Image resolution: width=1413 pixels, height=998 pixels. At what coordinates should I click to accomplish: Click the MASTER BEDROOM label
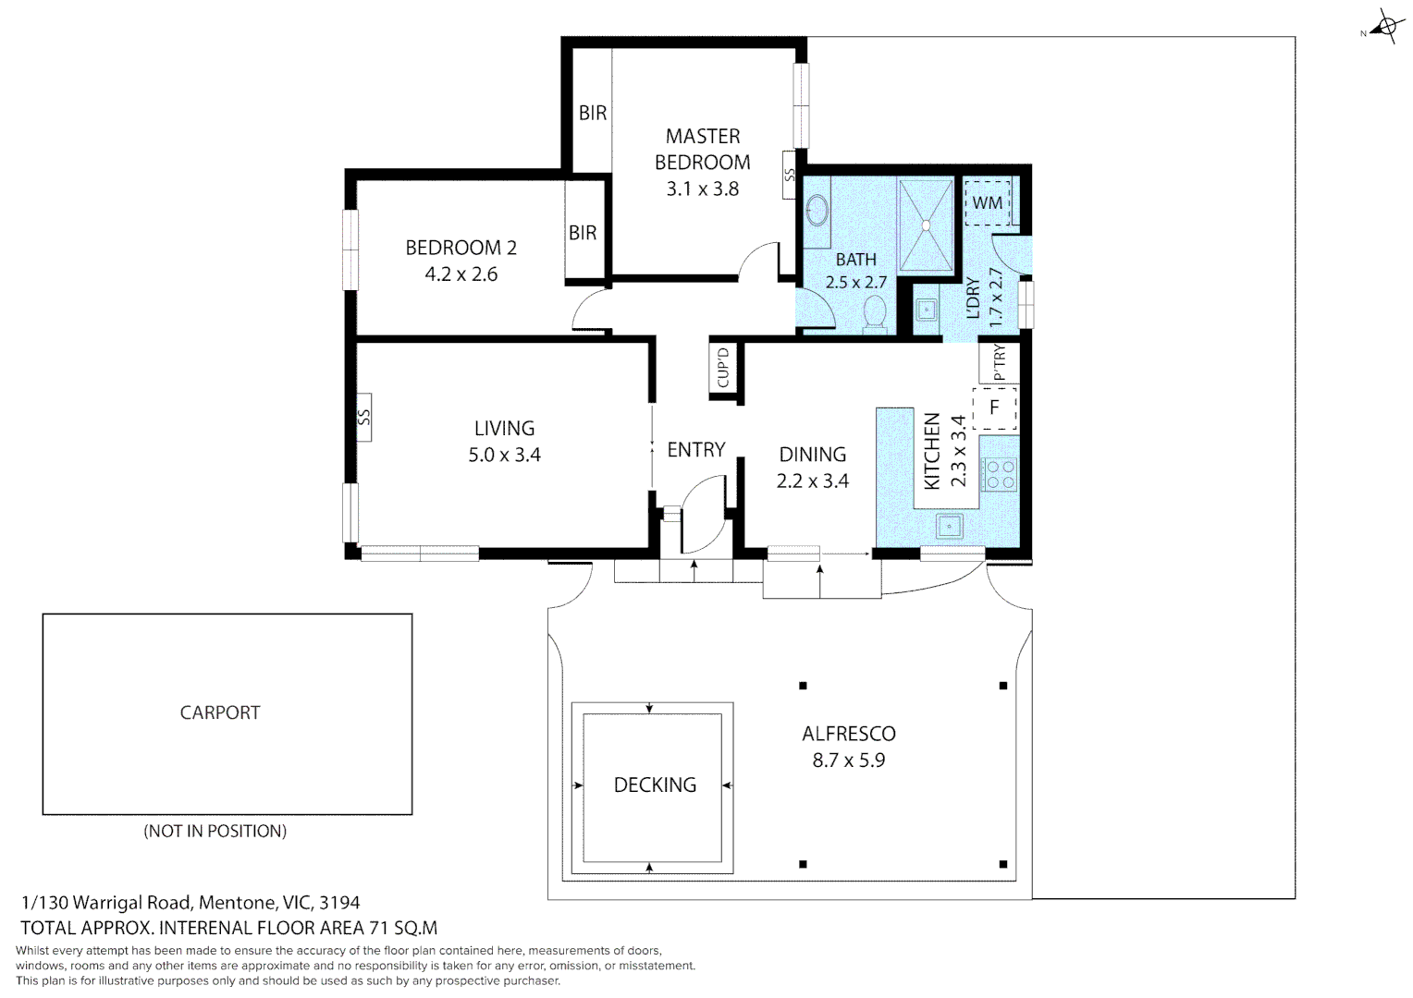703,150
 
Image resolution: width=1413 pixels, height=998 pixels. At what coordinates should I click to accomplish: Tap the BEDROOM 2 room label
461,248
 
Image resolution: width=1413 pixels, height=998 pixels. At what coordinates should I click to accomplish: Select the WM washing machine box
988,202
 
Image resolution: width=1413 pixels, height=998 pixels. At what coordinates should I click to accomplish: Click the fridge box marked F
994,408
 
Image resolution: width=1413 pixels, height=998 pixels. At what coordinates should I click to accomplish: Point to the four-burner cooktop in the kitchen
1000,475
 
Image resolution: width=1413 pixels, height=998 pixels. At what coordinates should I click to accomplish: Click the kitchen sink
949,526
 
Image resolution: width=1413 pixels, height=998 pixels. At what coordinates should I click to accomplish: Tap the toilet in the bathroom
874,313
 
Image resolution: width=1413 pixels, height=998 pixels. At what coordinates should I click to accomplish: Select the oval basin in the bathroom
817,210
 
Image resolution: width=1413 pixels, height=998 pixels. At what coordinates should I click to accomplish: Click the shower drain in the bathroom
926,225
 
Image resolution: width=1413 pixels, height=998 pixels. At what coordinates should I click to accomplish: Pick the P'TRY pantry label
999,362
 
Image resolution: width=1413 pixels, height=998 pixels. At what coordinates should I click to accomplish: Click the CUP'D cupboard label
723,368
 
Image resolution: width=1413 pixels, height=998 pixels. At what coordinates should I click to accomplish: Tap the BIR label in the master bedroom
593,113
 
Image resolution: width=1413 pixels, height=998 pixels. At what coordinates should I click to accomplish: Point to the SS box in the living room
363,418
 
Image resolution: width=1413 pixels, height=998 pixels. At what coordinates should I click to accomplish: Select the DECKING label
655,785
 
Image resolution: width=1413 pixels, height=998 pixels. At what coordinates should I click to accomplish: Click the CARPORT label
219,712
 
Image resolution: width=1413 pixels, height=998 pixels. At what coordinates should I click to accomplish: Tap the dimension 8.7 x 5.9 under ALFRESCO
848,761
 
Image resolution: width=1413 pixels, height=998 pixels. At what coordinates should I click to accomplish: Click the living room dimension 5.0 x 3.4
504,455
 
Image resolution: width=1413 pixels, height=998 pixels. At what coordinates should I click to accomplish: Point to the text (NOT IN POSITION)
215,831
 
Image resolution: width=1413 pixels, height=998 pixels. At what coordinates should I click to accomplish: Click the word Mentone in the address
238,903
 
